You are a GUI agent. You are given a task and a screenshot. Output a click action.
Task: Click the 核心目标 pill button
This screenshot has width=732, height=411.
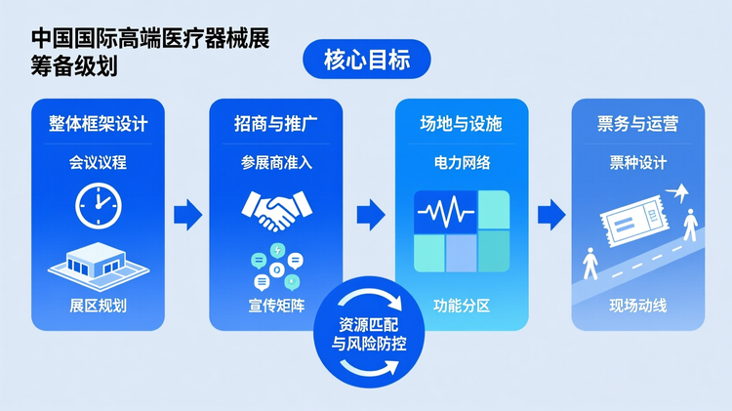[367, 61]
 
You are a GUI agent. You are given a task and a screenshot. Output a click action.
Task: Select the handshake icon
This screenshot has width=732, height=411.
[275, 210]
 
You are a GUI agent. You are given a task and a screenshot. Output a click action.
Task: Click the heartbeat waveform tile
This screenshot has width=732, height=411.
[444, 211]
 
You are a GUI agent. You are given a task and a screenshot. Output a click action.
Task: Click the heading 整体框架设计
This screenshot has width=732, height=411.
[97, 125]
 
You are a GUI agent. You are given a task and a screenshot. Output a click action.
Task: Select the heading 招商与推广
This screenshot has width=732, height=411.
[275, 125]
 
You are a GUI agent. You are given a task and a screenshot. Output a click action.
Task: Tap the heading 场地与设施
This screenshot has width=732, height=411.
[461, 125]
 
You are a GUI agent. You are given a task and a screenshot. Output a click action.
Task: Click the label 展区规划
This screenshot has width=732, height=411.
[97, 306]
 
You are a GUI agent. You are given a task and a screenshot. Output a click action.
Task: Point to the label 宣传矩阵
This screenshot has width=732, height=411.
[275, 306]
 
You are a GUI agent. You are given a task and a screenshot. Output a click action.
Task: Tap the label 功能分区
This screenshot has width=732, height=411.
[461, 306]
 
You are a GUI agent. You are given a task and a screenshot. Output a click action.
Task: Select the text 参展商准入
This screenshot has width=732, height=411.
[275, 162]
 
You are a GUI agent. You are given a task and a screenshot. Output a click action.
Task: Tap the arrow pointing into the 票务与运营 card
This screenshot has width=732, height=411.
[551, 214]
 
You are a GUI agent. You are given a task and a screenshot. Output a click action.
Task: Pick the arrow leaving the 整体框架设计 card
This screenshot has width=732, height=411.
[187, 214]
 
